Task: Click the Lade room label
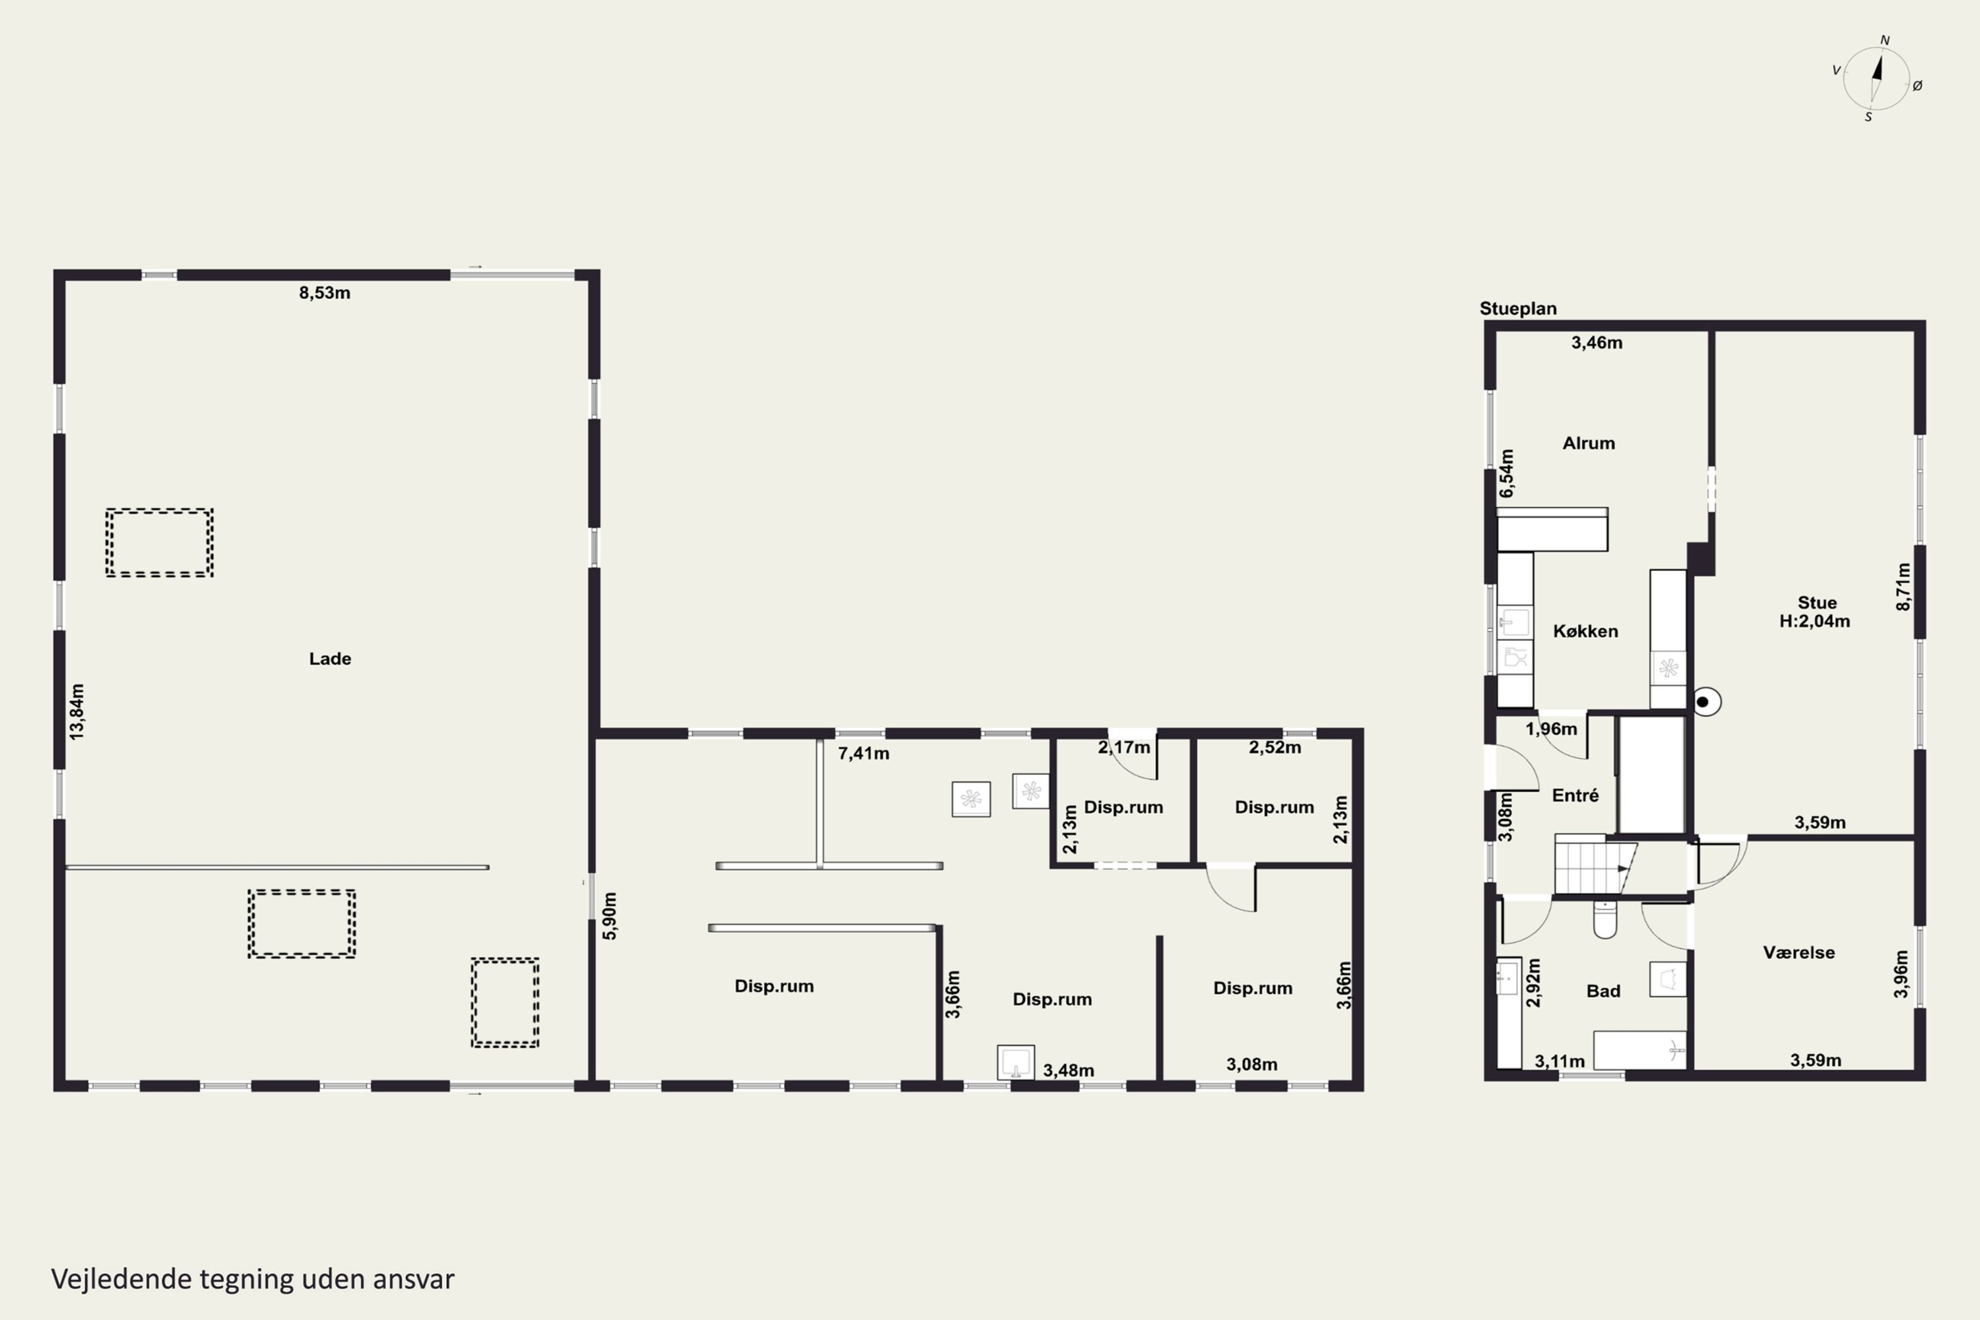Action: tap(330, 658)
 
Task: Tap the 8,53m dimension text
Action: tap(324, 293)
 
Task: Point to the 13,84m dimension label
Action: tap(77, 712)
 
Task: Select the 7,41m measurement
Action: tap(864, 754)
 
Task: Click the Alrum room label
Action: tap(1589, 443)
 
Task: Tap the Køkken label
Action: tap(1585, 630)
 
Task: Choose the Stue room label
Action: tap(1817, 603)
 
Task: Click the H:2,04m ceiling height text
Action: tap(1814, 621)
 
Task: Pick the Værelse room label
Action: tap(1799, 952)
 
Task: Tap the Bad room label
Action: tap(1603, 991)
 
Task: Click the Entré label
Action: tap(1575, 795)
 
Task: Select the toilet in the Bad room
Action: tap(1604, 919)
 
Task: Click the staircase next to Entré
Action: tap(1594, 865)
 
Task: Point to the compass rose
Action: tap(1876, 79)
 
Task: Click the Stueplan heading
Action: tap(1518, 308)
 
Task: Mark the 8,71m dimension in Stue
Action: tap(1903, 586)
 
